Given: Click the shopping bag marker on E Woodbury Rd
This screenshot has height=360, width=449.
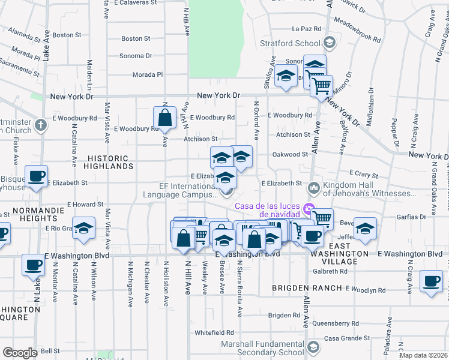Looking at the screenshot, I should click(164, 118).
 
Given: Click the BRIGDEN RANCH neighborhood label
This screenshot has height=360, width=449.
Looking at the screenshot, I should click(298, 288).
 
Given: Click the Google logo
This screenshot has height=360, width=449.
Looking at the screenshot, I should click(20, 352).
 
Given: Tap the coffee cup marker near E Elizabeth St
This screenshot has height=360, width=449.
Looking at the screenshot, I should click(36, 177).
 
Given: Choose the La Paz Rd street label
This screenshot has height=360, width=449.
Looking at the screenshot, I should click(306, 28).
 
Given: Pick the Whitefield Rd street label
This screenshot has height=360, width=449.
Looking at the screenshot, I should click(214, 332).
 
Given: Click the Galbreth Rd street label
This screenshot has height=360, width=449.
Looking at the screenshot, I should click(330, 271).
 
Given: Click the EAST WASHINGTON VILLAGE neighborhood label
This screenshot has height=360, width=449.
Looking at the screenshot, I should click(340, 250).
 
